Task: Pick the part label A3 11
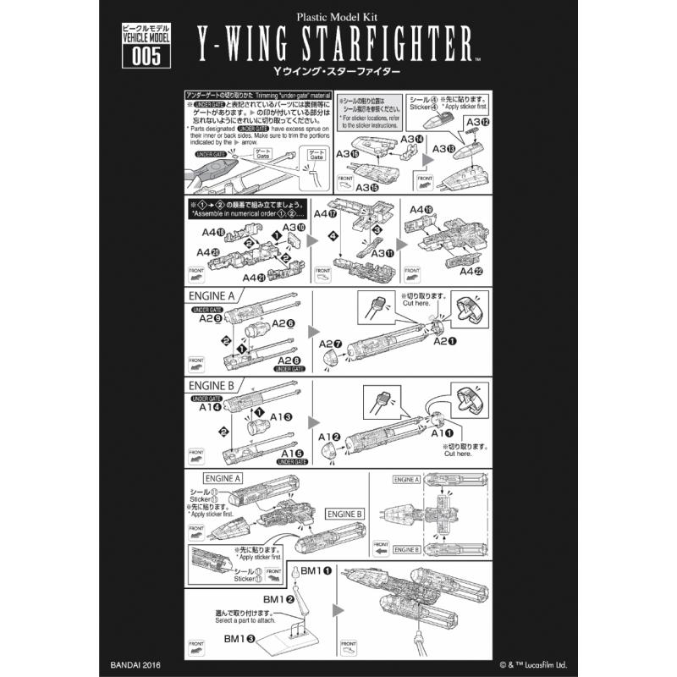pos(381,252)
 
